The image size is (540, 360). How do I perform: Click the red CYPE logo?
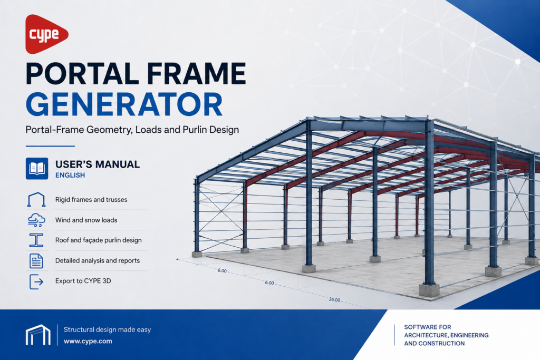click(46, 34)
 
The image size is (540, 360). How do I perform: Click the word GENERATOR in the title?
click(124, 104)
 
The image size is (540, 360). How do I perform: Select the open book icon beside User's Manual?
click(37, 168)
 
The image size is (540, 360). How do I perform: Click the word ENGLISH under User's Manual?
click(70, 175)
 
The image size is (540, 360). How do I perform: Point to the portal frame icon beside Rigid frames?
click(36, 200)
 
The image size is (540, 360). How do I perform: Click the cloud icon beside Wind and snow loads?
click(36, 220)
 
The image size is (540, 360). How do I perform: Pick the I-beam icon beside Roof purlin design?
click(36, 240)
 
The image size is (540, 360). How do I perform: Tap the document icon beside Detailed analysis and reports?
click(36, 260)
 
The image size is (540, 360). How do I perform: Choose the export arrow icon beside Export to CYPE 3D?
click(36, 281)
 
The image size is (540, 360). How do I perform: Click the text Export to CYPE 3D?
click(83, 281)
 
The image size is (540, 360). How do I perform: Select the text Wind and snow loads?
click(86, 220)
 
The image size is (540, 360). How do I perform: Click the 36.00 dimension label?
click(334, 299)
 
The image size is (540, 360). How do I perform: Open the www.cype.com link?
click(88, 342)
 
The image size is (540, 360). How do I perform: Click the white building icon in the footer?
click(38, 335)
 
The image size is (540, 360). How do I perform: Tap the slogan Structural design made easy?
click(107, 330)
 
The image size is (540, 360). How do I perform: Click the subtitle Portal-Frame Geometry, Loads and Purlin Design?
click(132, 130)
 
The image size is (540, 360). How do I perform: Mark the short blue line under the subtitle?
click(50, 146)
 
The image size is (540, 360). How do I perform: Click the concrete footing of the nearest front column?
click(429, 290)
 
